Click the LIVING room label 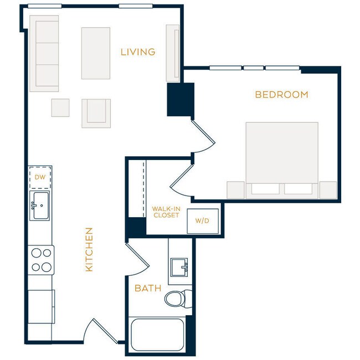point(138,52)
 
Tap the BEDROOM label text point(281,95)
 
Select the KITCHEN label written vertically point(89,249)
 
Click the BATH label point(148,288)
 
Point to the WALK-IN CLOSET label point(166,212)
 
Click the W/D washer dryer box point(202,220)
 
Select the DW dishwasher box point(40,177)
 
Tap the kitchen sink point(40,205)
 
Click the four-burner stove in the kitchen point(41,260)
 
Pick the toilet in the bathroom point(177,298)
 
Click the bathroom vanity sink point(179,267)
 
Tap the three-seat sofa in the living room point(44,53)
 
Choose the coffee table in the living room point(96,53)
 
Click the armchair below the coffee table point(96,112)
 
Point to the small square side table point(60,107)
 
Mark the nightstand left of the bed point(235,190)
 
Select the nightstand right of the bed point(328,190)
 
